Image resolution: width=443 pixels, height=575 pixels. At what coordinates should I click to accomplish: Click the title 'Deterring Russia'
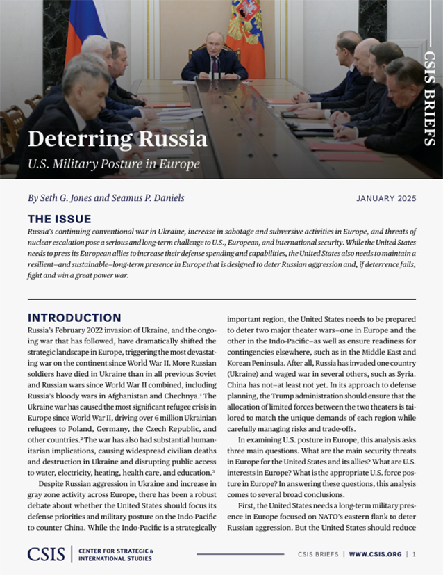click(118, 139)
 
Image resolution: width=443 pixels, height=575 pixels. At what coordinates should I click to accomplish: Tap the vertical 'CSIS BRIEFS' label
click(430, 98)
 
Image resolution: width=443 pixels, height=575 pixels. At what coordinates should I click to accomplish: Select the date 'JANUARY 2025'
click(386, 199)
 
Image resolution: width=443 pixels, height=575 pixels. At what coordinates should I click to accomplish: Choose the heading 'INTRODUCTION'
click(74, 318)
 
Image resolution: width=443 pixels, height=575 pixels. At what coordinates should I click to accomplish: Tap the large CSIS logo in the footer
click(46, 553)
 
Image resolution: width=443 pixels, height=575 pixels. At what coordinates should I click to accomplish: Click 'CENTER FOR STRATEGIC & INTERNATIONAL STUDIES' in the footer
click(116, 554)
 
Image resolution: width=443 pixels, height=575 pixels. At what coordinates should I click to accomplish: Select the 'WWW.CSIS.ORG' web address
click(375, 554)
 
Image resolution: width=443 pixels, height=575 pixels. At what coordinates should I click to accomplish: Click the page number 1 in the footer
click(415, 554)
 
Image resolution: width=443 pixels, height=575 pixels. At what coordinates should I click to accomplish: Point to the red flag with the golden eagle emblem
click(245, 35)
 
